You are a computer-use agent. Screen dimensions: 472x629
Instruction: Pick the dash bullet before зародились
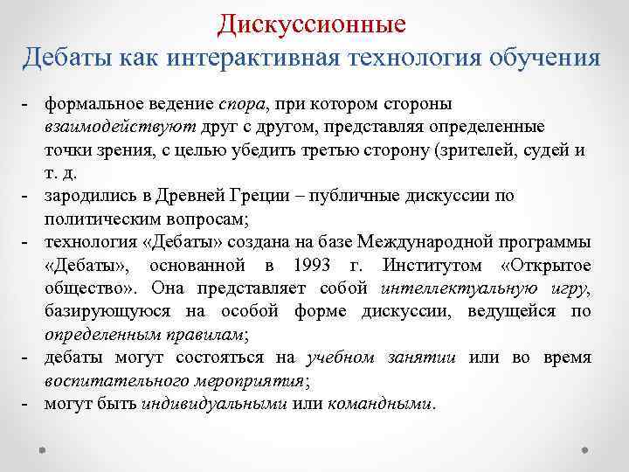coord(27,197)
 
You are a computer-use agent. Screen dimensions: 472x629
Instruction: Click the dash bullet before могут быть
coord(27,404)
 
